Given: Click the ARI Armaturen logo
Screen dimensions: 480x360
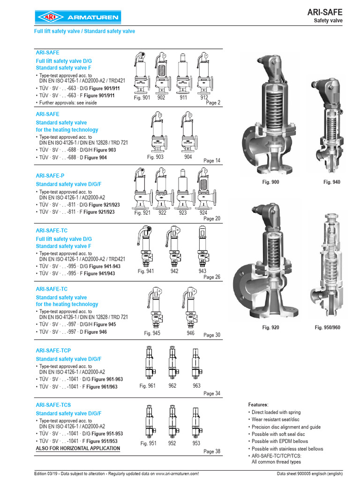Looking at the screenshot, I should [77, 18].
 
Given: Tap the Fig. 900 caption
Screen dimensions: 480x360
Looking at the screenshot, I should [270, 182].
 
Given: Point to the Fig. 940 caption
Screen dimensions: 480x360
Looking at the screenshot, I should [332, 182].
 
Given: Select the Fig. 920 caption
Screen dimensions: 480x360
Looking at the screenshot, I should [270, 327].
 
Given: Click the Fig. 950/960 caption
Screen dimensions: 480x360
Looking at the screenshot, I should [328, 327].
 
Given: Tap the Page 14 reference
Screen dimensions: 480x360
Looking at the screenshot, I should [211, 161].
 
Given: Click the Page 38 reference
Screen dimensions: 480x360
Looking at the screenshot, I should [211, 452].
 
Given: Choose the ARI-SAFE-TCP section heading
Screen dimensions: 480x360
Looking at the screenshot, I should [53, 351].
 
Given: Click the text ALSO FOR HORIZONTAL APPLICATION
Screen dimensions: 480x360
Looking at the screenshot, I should [78, 449].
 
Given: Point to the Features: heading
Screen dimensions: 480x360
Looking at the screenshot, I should [258, 405].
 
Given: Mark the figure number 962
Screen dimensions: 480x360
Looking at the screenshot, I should [172, 386].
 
